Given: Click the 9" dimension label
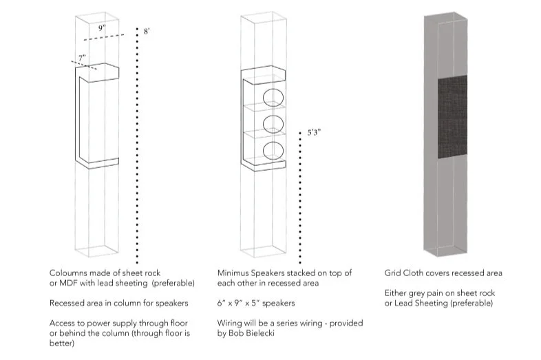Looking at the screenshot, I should point(101,28).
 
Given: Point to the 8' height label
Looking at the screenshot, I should point(147,32).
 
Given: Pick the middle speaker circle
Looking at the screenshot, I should point(274,125).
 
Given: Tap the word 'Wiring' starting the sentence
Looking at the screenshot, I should point(231,323).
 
